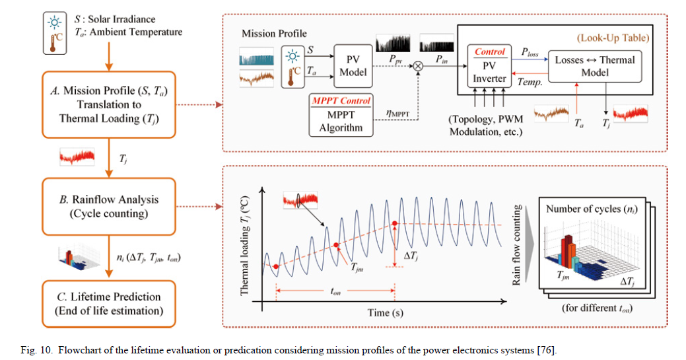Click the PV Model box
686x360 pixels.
click(x=353, y=64)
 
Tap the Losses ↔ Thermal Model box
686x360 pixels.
click(x=594, y=65)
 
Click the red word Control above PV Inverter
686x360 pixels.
click(x=489, y=52)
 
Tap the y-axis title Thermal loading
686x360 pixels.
click(x=244, y=245)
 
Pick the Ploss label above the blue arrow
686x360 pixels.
click(x=530, y=51)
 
